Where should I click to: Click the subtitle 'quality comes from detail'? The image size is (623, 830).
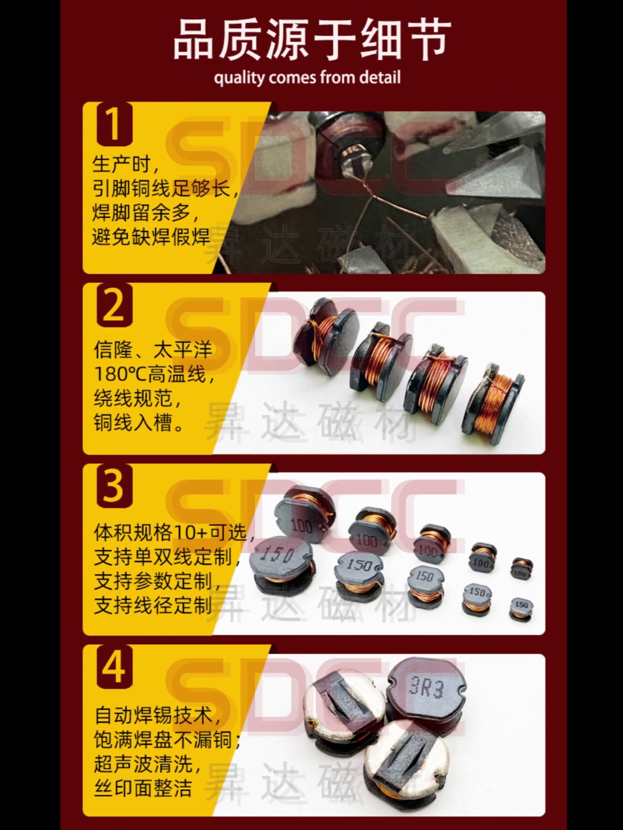307,78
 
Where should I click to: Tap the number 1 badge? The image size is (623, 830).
114,123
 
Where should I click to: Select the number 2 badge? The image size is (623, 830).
114,305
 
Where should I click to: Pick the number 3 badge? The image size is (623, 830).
114,486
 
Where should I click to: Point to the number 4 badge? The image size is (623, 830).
114,667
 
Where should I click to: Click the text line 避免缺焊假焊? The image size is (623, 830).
151,236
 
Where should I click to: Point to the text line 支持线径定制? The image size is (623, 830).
153,605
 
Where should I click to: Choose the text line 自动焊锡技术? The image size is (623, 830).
157,715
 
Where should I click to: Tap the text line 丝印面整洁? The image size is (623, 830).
143,788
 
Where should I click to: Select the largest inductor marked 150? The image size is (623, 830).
282,562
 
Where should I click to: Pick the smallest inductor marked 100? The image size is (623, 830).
521,568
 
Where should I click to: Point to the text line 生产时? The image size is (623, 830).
125,164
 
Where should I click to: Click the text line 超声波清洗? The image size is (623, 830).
148,764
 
